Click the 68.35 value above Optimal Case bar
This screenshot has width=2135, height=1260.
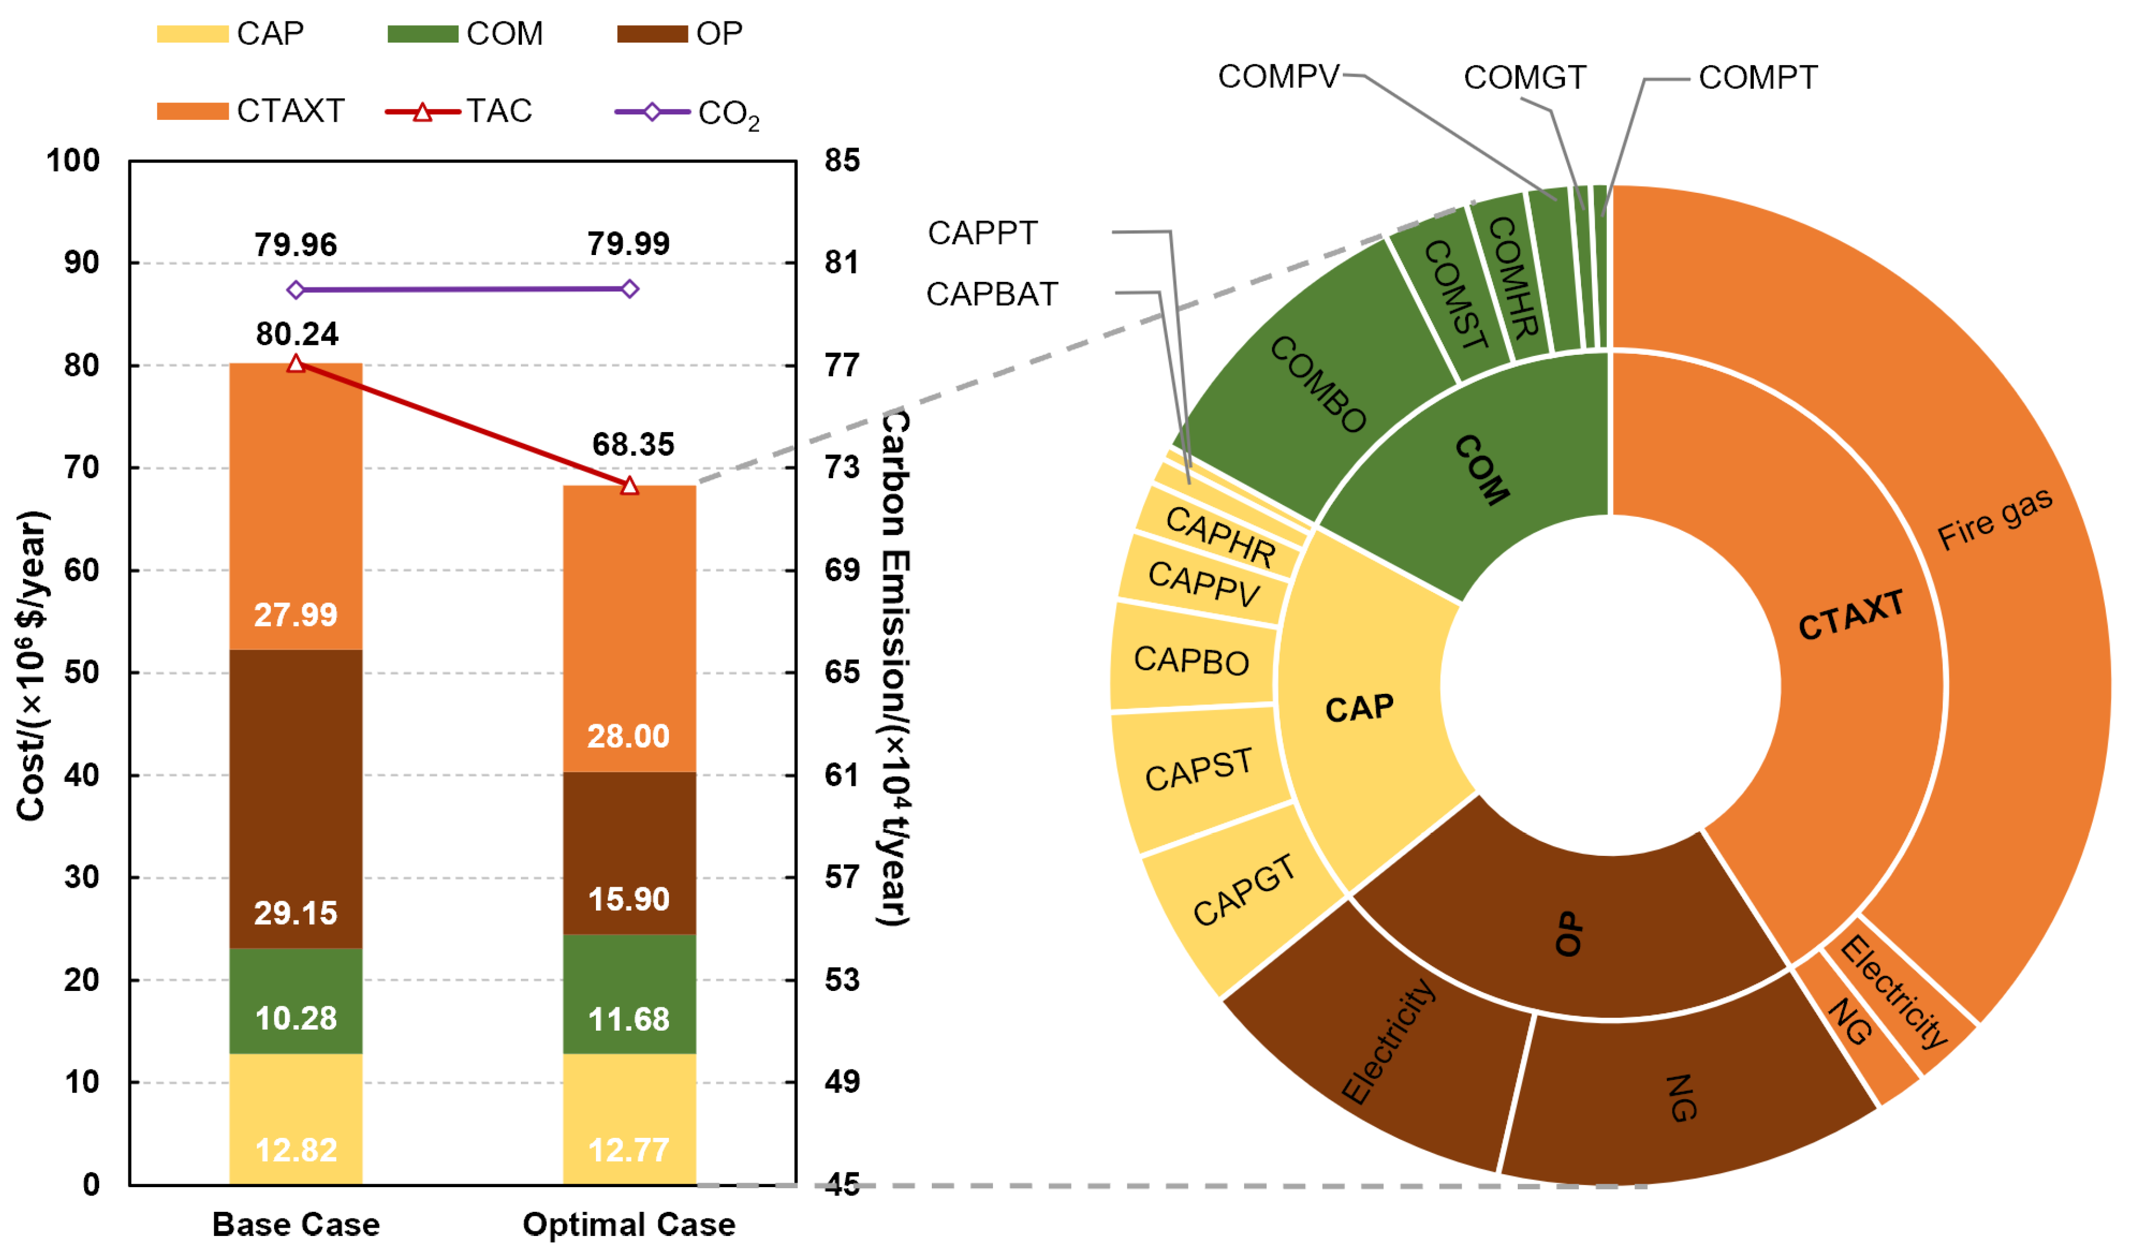point(632,444)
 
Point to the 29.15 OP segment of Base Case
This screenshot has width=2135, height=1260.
point(295,798)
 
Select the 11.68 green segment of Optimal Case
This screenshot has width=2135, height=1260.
point(629,993)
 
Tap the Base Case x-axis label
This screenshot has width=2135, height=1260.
point(295,1224)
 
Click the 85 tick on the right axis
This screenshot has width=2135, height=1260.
point(842,160)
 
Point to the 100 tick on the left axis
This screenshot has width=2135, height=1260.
point(73,160)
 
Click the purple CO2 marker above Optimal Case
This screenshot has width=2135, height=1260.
point(629,290)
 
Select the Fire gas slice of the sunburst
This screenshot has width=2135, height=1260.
point(1996,518)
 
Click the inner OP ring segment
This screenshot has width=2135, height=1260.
point(1569,934)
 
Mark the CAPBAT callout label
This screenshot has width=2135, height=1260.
point(991,295)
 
